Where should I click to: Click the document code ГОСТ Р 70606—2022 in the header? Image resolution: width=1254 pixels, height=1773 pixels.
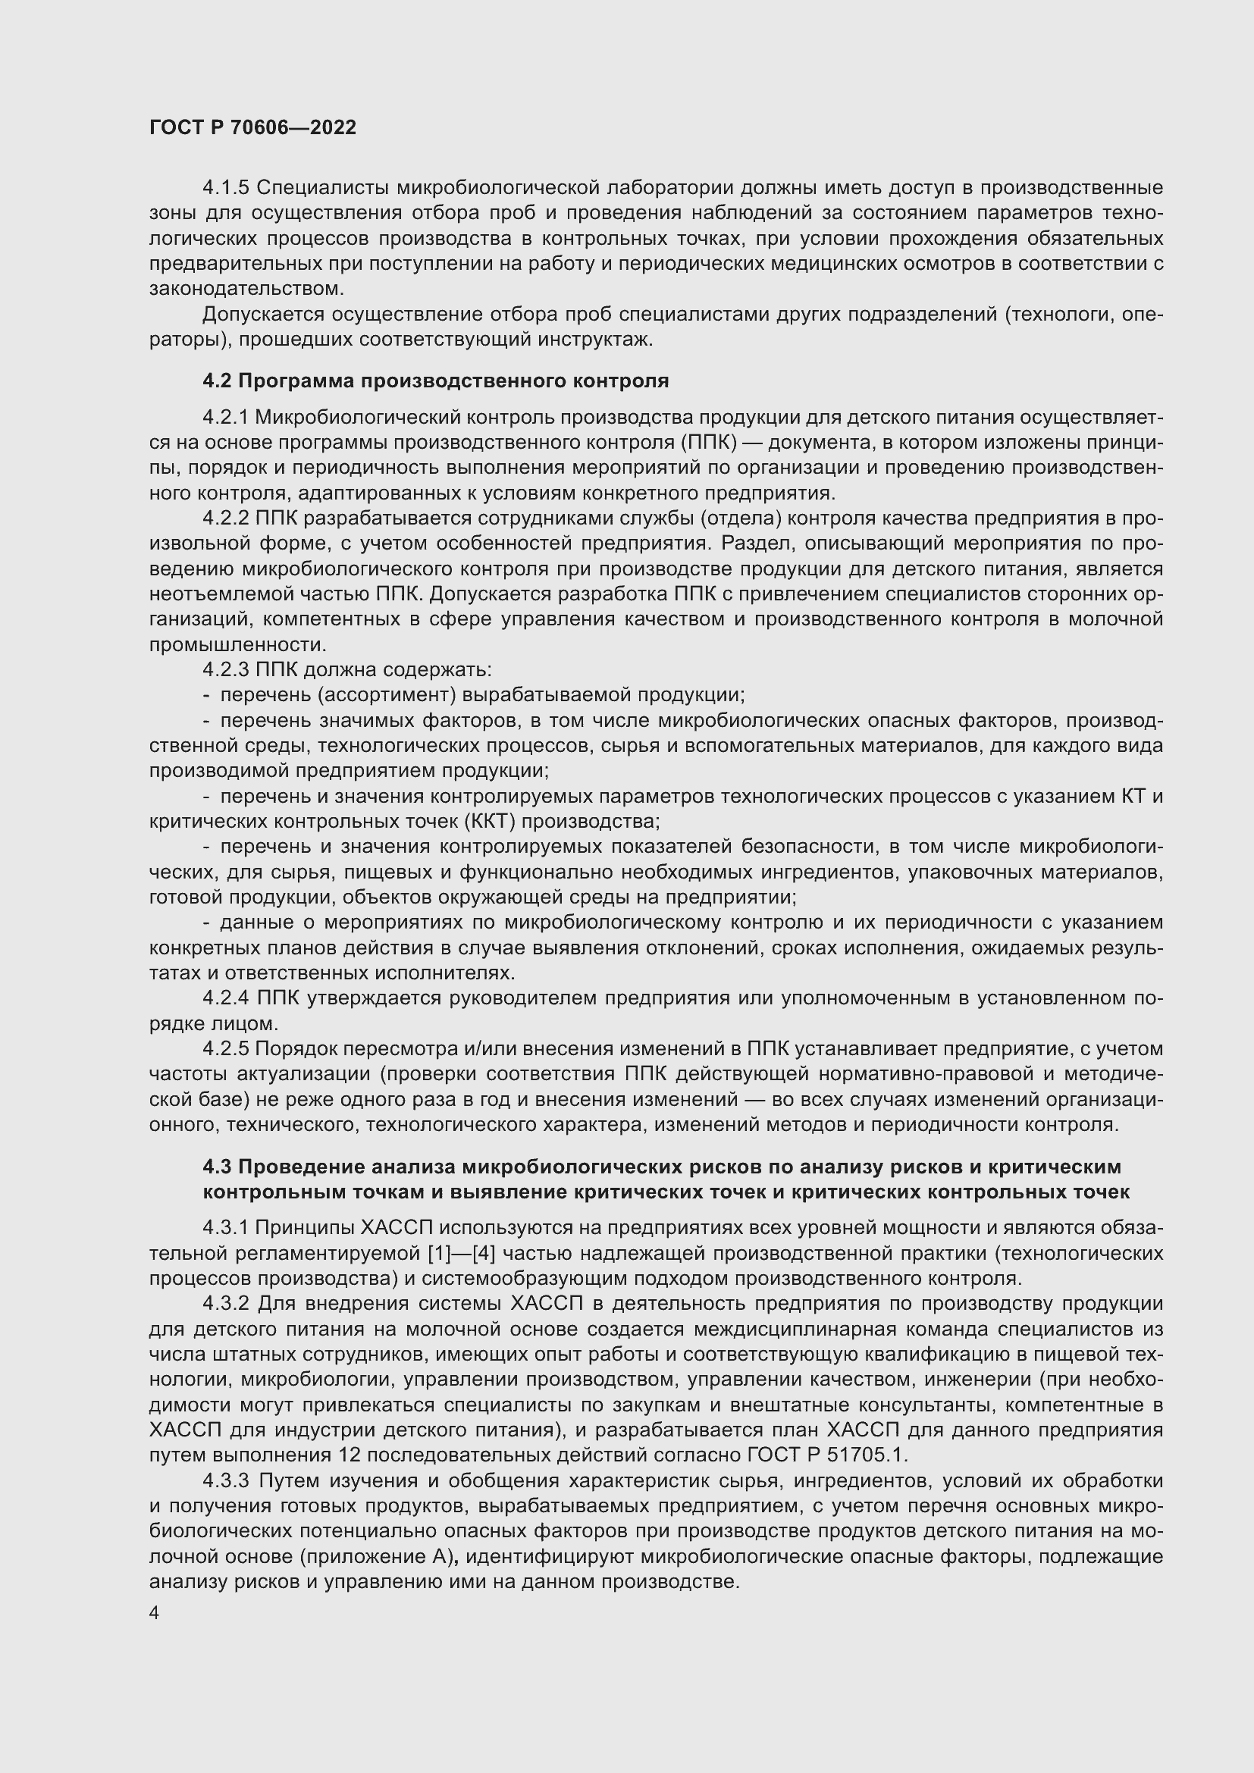252,127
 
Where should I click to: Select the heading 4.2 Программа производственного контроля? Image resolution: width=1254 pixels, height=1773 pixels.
435,381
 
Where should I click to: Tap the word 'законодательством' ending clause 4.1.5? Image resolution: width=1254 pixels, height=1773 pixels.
246,289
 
